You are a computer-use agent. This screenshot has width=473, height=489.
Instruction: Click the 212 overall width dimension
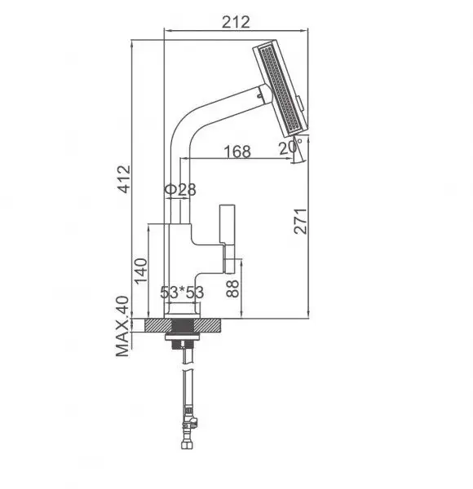tap(235, 21)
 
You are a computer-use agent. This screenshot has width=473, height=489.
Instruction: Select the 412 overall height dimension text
tap(124, 181)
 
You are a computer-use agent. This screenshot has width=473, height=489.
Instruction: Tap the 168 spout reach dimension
tap(236, 151)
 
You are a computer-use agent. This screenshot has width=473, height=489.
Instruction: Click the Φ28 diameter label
tap(180, 190)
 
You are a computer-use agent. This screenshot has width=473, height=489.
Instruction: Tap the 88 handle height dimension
tap(234, 288)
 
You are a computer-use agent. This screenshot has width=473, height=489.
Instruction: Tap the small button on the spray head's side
tap(303, 104)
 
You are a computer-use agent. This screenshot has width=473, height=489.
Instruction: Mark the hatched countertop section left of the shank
tap(154, 325)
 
